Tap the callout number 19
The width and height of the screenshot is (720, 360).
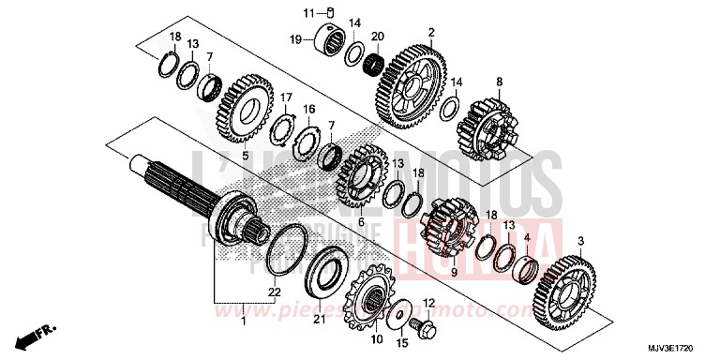[x=294, y=40]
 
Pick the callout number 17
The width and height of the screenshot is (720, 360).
[x=287, y=97]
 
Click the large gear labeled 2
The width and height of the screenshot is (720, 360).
[x=412, y=87]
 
